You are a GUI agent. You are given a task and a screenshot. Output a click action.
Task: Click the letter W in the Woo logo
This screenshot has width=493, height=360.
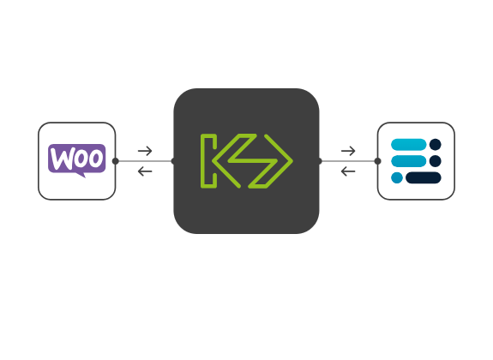[x=62, y=159]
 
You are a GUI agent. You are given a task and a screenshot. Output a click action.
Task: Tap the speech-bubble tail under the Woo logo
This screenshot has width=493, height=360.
[x=81, y=175]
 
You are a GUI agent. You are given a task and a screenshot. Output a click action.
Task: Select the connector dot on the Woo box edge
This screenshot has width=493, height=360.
[x=116, y=161]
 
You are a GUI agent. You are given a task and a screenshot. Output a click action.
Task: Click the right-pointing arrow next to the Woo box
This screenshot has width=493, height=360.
[x=145, y=151]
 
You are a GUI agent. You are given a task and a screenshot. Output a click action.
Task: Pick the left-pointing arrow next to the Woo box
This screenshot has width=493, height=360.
[x=145, y=171]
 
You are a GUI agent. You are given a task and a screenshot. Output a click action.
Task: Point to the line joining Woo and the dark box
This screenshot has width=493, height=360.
[x=145, y=161]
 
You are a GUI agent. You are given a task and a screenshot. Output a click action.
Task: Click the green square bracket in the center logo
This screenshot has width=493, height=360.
[x=208, y=161]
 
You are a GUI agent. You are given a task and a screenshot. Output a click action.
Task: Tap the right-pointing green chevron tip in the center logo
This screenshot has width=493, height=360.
[x=292, y=161]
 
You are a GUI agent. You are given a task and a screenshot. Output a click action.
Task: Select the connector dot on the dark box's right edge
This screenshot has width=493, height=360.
[x=320, y=161]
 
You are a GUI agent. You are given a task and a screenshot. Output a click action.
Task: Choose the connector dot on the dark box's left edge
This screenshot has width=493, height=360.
[x=172, y=161]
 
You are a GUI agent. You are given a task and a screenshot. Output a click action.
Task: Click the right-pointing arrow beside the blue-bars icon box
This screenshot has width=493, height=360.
[x=348, y=151]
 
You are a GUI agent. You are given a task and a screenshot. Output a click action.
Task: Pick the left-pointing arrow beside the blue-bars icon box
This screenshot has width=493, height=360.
[x=348, y=171]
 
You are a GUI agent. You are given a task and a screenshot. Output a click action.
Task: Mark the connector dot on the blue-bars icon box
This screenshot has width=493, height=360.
[x=377, y=161]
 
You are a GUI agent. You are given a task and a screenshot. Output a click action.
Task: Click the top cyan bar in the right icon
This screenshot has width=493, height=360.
[x=408, y=145]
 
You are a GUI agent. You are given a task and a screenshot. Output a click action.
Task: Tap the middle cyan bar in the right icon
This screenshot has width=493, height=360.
[x=408, y=161]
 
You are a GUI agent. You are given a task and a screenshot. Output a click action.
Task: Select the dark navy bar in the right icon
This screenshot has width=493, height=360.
[x=424, y=177]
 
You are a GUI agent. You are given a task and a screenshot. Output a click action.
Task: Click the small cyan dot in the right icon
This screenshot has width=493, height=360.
[x=397, y=177]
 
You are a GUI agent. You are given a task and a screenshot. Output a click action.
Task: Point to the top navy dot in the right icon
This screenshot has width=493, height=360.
[x=436, y=145]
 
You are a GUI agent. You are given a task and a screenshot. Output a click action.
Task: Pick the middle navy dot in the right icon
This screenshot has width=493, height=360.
[x=436, y=161]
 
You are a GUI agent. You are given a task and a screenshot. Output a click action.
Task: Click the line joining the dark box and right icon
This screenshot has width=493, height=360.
[x=348, y=161]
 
